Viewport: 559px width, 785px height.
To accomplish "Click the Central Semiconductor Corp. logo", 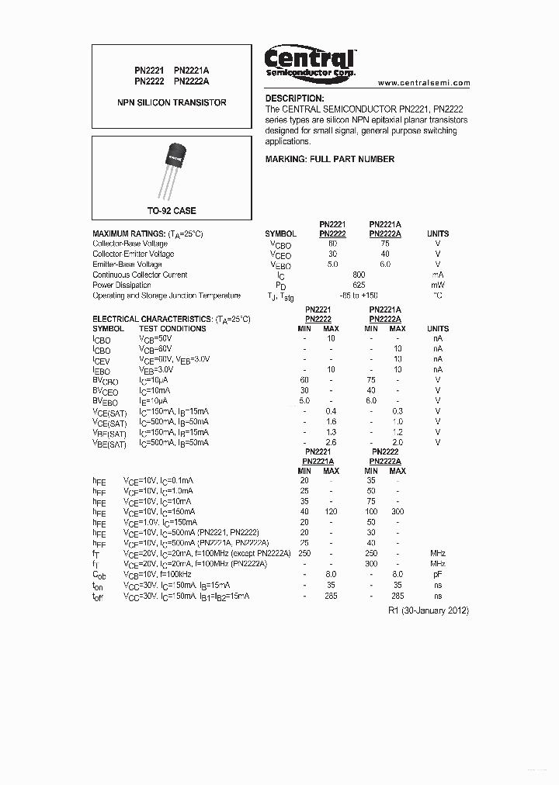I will pyautogui.click(x=310, y=61).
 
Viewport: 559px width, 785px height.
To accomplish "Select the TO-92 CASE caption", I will pyautogui.click(x=172, y=211).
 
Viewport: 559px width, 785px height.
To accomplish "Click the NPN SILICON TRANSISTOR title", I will pyautogui.click(x=172, y=102).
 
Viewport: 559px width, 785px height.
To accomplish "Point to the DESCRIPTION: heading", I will pyautogui.click(x=294, y=99).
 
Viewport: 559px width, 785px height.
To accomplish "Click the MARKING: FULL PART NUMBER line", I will pyautogui.click(x=329, y=159).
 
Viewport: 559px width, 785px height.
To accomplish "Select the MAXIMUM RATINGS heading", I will pyautogui.click(x=148, y=233).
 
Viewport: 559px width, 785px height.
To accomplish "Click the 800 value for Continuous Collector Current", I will pyautogui.click(x=359, y=275).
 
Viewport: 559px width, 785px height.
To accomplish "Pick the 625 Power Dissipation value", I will pyautogui.click(x=359, y=285).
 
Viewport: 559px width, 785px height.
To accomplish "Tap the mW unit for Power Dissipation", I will pyautogui.click(x=438, y=285).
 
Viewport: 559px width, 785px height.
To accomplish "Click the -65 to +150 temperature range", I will pyautogui.click(x=359, y=296).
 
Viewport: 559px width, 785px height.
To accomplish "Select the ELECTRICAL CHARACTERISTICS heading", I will pyautogui.click(x=172, y=319).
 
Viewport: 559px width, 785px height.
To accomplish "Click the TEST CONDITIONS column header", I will pyautogui.click(x=172, y=329).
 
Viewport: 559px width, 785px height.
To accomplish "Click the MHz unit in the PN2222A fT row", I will pyautogui.click(x=438, y=563).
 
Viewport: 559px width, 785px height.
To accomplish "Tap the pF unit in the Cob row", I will pyautogui.click(x=438, y=574).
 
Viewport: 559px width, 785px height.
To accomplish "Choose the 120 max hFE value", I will pyautogui.click(x=331, y=512).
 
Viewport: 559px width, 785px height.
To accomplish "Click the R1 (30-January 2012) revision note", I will pyautogui.click(x=428, y=610).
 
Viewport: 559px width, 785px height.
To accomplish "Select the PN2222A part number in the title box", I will pyautogui.click(x=192, y=80).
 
